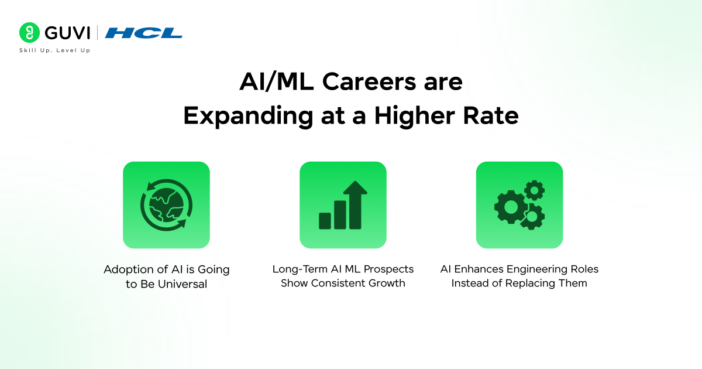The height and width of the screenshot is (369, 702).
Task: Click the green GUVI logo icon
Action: [28, 32]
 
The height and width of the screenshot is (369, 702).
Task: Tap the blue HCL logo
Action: [143, 33]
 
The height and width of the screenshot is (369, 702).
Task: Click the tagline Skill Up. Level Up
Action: [55, 50]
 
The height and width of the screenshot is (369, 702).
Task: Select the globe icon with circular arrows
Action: [166, 205]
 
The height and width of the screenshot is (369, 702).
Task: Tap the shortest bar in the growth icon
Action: [325, 220]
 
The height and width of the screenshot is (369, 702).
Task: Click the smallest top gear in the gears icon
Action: [534, 190]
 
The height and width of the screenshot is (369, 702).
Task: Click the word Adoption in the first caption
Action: [127, 269]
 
